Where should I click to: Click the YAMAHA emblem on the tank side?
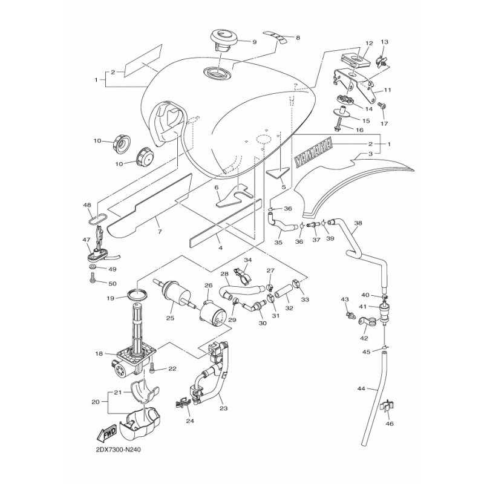314,154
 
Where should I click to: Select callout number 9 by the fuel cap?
254,42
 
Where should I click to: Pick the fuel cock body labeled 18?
134,357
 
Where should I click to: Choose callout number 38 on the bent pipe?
358,223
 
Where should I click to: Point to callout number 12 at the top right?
368,44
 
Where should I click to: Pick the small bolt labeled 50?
91,278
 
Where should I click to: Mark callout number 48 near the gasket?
87,206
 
